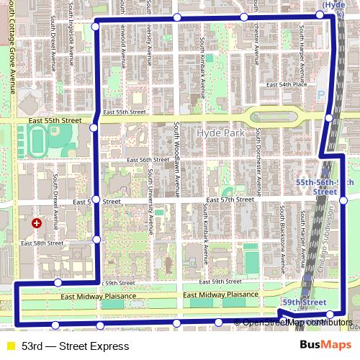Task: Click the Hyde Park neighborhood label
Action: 220,133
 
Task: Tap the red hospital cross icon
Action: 36,224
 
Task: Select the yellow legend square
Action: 9,346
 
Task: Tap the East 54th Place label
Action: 287,84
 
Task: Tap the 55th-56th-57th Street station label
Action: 325,188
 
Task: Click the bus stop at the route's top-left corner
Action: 96,27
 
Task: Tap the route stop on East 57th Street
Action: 96,199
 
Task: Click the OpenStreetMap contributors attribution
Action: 297,323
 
